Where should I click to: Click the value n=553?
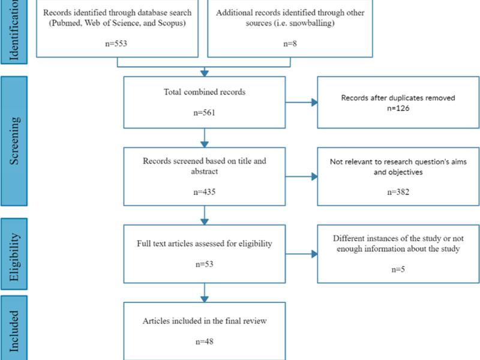pyautogui.click(x=116, y=43)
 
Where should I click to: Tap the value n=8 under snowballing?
pyautogui.click(x=290, y=43)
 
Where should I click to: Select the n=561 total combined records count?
pyautogui.click(x=204, y=113)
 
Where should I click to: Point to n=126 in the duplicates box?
pyautogui.click(x=398, y=108)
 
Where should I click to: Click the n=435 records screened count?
pyautogui.click(x=204, y=192)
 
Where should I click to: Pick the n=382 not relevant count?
pyautogui.click(x=398, y=192)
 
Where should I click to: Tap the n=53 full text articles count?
pyautogui.click(x=204, y=264)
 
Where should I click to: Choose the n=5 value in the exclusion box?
pyautogui.click(x=398, y=269)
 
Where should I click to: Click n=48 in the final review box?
pyautogui.click(x=204, y=341)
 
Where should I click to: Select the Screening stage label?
pyautogui.click(x=14, y=141)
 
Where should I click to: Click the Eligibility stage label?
pyautogui.click(x=14, y=257)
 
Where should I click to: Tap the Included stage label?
pyautogui.click(x=14, y=331)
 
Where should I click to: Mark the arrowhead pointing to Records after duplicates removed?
pyautogui.click(x=314, y=102)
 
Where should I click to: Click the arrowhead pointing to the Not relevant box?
pyautogui.click(x=314, y=176)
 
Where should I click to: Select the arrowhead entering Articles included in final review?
pyautogui.click(x=205, y=299)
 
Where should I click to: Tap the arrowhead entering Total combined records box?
pyautogui.click(x=205, y=73)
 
